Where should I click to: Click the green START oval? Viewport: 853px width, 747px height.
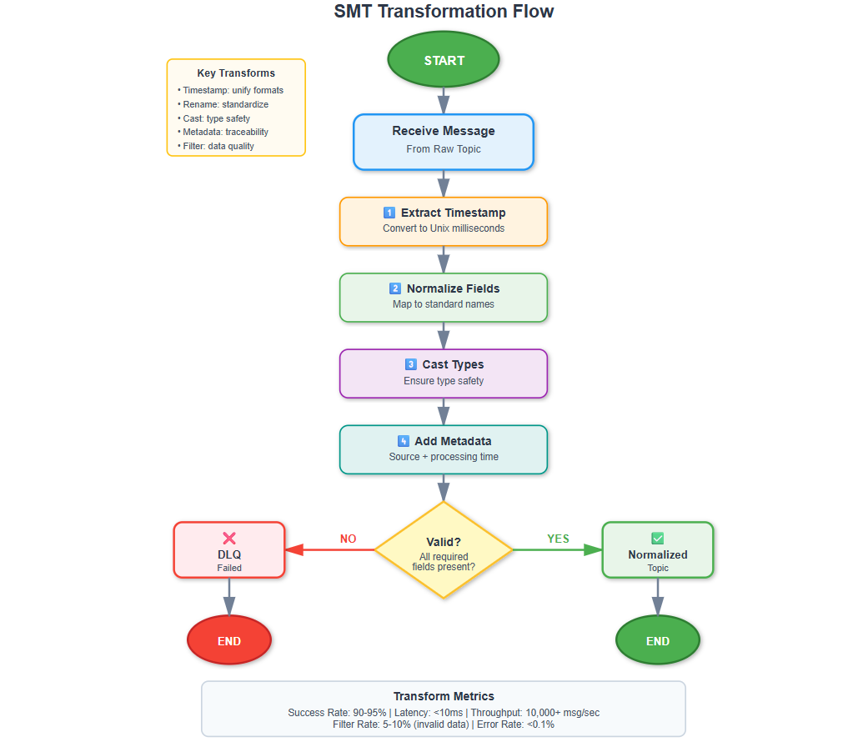point(444,59)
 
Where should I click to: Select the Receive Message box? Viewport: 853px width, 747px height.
point(444,142)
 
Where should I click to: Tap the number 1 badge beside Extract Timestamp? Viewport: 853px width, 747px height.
point(389,213)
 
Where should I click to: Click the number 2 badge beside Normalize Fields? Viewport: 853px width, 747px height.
point(395,288)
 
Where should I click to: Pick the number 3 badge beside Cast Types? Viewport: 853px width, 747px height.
point(411,364)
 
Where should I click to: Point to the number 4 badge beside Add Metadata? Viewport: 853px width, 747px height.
point(403,441)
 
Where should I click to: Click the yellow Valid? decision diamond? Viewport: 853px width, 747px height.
point(444,549)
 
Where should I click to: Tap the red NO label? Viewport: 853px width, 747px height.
point(349,539)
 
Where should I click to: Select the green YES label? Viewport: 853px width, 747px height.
point(558,539)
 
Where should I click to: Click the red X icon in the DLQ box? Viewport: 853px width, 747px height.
point(229,538)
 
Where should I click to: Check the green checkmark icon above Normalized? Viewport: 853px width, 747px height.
point(658,538)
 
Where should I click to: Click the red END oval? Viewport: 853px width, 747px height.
point(229,639)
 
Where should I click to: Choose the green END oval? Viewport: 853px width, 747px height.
point(658,639)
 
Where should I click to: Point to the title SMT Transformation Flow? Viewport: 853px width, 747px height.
point(444,12)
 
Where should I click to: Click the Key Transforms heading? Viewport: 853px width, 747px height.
point(236,73)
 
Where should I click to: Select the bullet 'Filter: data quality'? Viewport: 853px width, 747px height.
point(216,146)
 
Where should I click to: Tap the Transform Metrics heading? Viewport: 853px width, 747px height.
point(444,696)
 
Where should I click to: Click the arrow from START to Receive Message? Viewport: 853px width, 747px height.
point(444,101)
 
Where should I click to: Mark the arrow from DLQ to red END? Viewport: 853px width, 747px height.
point(229,597)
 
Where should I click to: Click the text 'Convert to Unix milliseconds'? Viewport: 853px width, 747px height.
point(444,228)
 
